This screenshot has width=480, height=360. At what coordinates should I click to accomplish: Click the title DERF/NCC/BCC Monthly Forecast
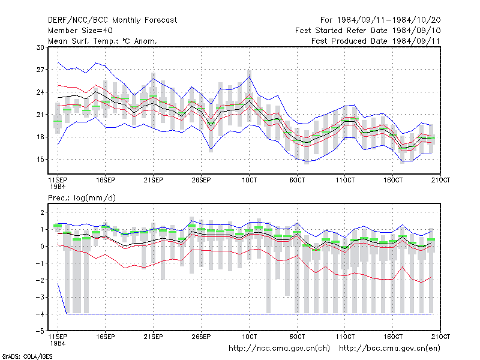[x=112, y=20]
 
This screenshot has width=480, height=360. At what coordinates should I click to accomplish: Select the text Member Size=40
[x=80, y=31]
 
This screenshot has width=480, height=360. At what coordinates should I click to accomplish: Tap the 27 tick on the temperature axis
[x=40, y=70]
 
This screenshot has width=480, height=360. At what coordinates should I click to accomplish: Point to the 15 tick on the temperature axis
[x=40, y=160]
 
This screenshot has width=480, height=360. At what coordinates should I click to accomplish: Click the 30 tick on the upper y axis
[x=40, y=47]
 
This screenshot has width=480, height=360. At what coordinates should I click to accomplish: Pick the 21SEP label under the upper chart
[x=154, y=180]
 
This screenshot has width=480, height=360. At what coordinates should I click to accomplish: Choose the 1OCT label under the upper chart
[x=249, y=180]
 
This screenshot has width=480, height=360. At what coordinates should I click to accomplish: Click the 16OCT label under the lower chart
[x=393, y=337]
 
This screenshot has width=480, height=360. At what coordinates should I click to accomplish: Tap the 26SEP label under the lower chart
[x=201, y=337]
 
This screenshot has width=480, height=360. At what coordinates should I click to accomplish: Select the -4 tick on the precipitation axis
[x=40, y=314]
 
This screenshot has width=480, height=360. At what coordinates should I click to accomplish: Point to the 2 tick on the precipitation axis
[x=43, y=212]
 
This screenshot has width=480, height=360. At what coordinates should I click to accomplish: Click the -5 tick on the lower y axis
[x=40, y=331]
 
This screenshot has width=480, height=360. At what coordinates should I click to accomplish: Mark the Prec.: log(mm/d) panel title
[x=82, y=198]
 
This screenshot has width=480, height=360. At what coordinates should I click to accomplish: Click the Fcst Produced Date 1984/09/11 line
[x=376, y=41]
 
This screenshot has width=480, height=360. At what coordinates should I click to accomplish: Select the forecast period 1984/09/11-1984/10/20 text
[x=389, y=20]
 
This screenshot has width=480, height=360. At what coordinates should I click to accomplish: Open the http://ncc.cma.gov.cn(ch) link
[x=279, y=349]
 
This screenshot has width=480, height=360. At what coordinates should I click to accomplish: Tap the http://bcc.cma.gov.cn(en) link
[x=389, y=349]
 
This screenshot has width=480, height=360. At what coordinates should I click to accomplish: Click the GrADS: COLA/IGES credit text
[x=27, y=356]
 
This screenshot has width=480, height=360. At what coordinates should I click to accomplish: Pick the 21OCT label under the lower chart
[x=440, y=337]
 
